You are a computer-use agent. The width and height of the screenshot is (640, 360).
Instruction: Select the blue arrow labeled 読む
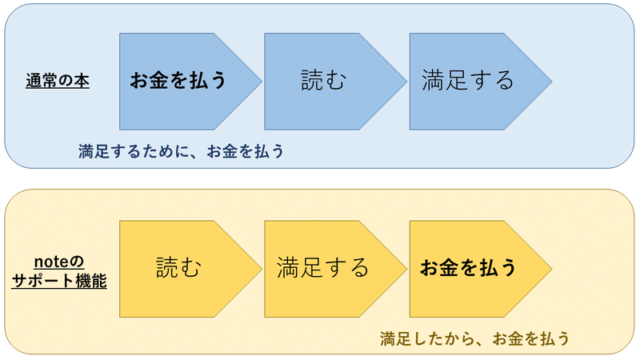tap(324, 81)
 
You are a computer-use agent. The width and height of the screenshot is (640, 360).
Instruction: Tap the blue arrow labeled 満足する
tap(468, 81)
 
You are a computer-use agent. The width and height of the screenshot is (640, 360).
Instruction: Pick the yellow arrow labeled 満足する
tap(323, 267)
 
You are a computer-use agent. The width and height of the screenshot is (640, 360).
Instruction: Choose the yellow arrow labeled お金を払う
tap(468, 267)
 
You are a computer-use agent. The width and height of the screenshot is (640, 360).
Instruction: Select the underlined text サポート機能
tap(60, 280)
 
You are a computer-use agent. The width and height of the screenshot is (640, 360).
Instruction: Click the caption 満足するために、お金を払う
tap(182, 150)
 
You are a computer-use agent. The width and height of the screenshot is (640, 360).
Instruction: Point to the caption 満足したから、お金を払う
tap(475, 338)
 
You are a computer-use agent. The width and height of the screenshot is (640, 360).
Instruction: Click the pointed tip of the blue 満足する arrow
tap(550, 81)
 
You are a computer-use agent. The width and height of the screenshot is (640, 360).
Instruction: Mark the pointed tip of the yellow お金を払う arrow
tap(550, 267)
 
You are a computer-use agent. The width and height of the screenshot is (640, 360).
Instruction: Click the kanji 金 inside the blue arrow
tap(159, 81)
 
